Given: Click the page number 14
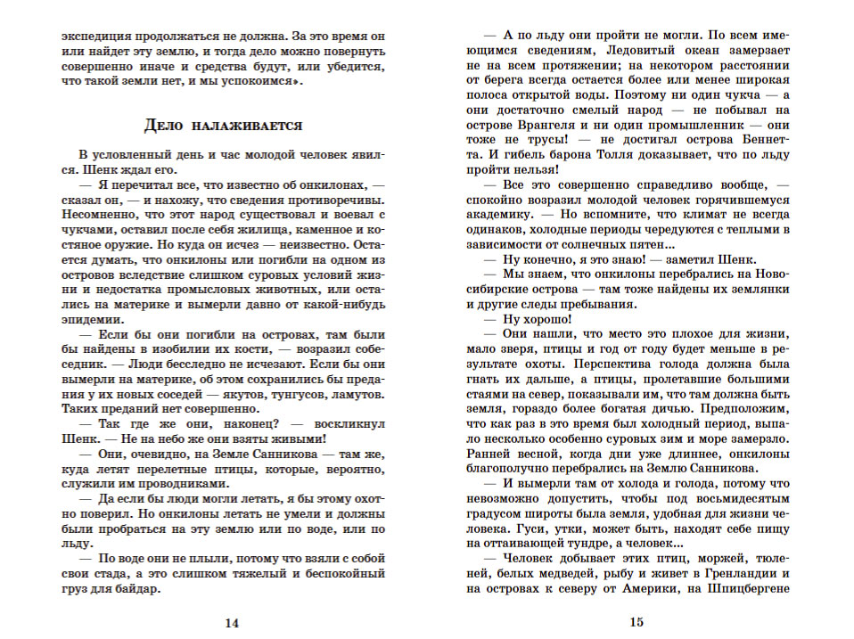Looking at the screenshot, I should click(232, 624).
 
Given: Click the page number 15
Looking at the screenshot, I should click(636, 624).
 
